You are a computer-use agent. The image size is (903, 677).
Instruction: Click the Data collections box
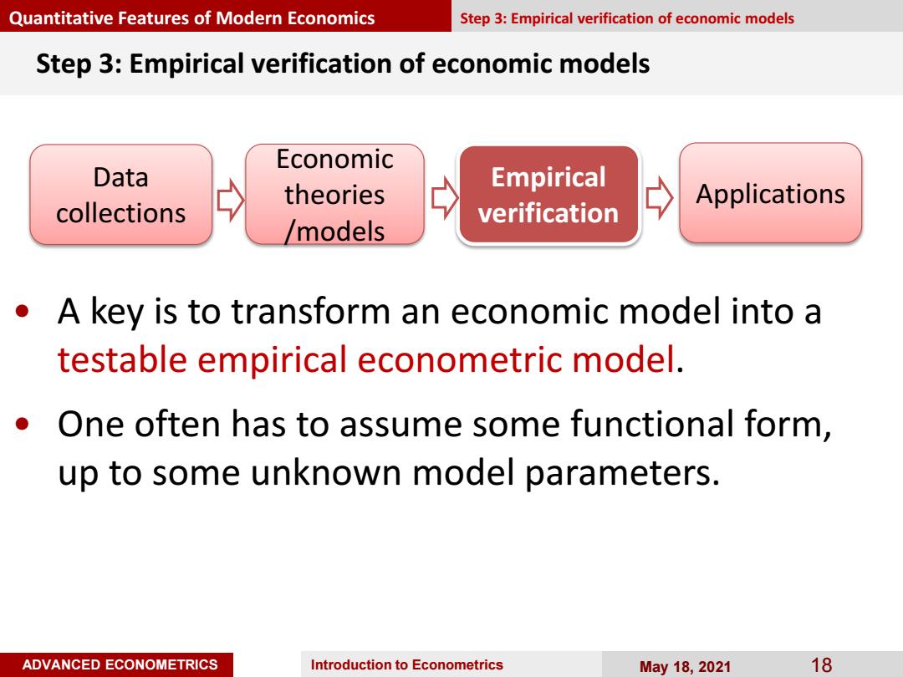121,195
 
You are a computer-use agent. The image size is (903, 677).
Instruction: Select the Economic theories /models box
334,195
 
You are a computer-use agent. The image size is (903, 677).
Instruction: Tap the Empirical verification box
548,195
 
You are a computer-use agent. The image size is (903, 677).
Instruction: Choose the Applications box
771,193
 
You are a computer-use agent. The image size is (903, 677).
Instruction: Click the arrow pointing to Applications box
659,198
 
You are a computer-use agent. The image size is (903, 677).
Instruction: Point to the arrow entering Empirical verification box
445,198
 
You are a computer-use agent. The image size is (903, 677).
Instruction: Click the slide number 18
821,665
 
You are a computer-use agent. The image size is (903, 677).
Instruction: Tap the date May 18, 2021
685,667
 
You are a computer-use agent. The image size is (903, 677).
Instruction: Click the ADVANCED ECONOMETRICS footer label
120,664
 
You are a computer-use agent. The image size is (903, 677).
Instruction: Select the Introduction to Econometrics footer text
406,665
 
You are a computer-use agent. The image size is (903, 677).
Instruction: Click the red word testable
122,359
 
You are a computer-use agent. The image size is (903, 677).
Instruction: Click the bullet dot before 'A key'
23,312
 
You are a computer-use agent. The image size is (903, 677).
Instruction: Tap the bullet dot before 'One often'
23,425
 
